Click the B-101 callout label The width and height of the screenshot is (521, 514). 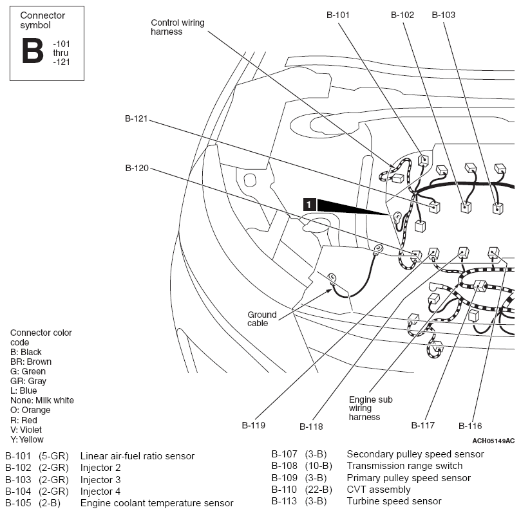point(338,15)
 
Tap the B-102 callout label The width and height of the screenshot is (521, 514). point(403,15)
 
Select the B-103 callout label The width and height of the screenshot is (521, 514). point(443,15)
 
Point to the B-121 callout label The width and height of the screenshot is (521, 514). point(137,118)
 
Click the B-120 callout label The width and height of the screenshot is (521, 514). point(137,168)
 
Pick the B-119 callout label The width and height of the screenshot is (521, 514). point(254,425)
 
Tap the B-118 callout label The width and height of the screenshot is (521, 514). point(311,427)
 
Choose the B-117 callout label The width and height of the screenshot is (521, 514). point(423,425)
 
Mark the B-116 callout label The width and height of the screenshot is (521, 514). point(470,426)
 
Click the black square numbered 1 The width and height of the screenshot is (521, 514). point(309,205)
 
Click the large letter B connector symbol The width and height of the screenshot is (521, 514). point(33,50)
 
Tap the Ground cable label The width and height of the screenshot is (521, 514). point(262,319)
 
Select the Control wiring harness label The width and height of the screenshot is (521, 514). point(178,27)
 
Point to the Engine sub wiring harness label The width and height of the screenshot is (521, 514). point(370,408)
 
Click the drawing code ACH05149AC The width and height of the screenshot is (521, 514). point(493,441)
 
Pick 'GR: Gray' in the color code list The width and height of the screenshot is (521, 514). point(28,381)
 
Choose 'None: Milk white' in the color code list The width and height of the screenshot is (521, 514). point(42,400)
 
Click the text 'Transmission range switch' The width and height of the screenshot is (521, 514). point(404,466)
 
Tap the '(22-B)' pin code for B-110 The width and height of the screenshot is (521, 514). point(318,490)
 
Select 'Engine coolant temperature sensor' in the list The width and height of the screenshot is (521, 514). point(157,503)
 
